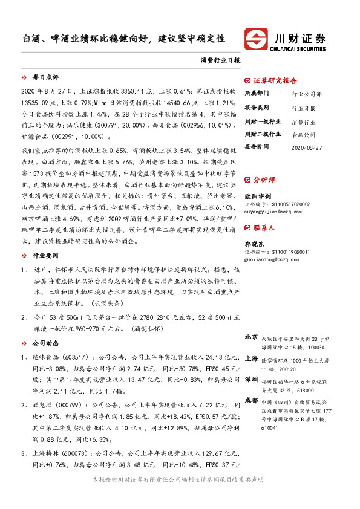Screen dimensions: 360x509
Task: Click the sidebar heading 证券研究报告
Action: coord(275,80)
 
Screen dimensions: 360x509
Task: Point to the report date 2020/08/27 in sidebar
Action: coord(307,147)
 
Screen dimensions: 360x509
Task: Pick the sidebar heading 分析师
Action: coord(264,180)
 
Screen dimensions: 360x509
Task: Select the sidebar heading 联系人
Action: coord(264,228)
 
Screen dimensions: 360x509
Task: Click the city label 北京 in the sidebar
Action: coord(252,337)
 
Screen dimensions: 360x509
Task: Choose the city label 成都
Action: coord(252,400)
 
